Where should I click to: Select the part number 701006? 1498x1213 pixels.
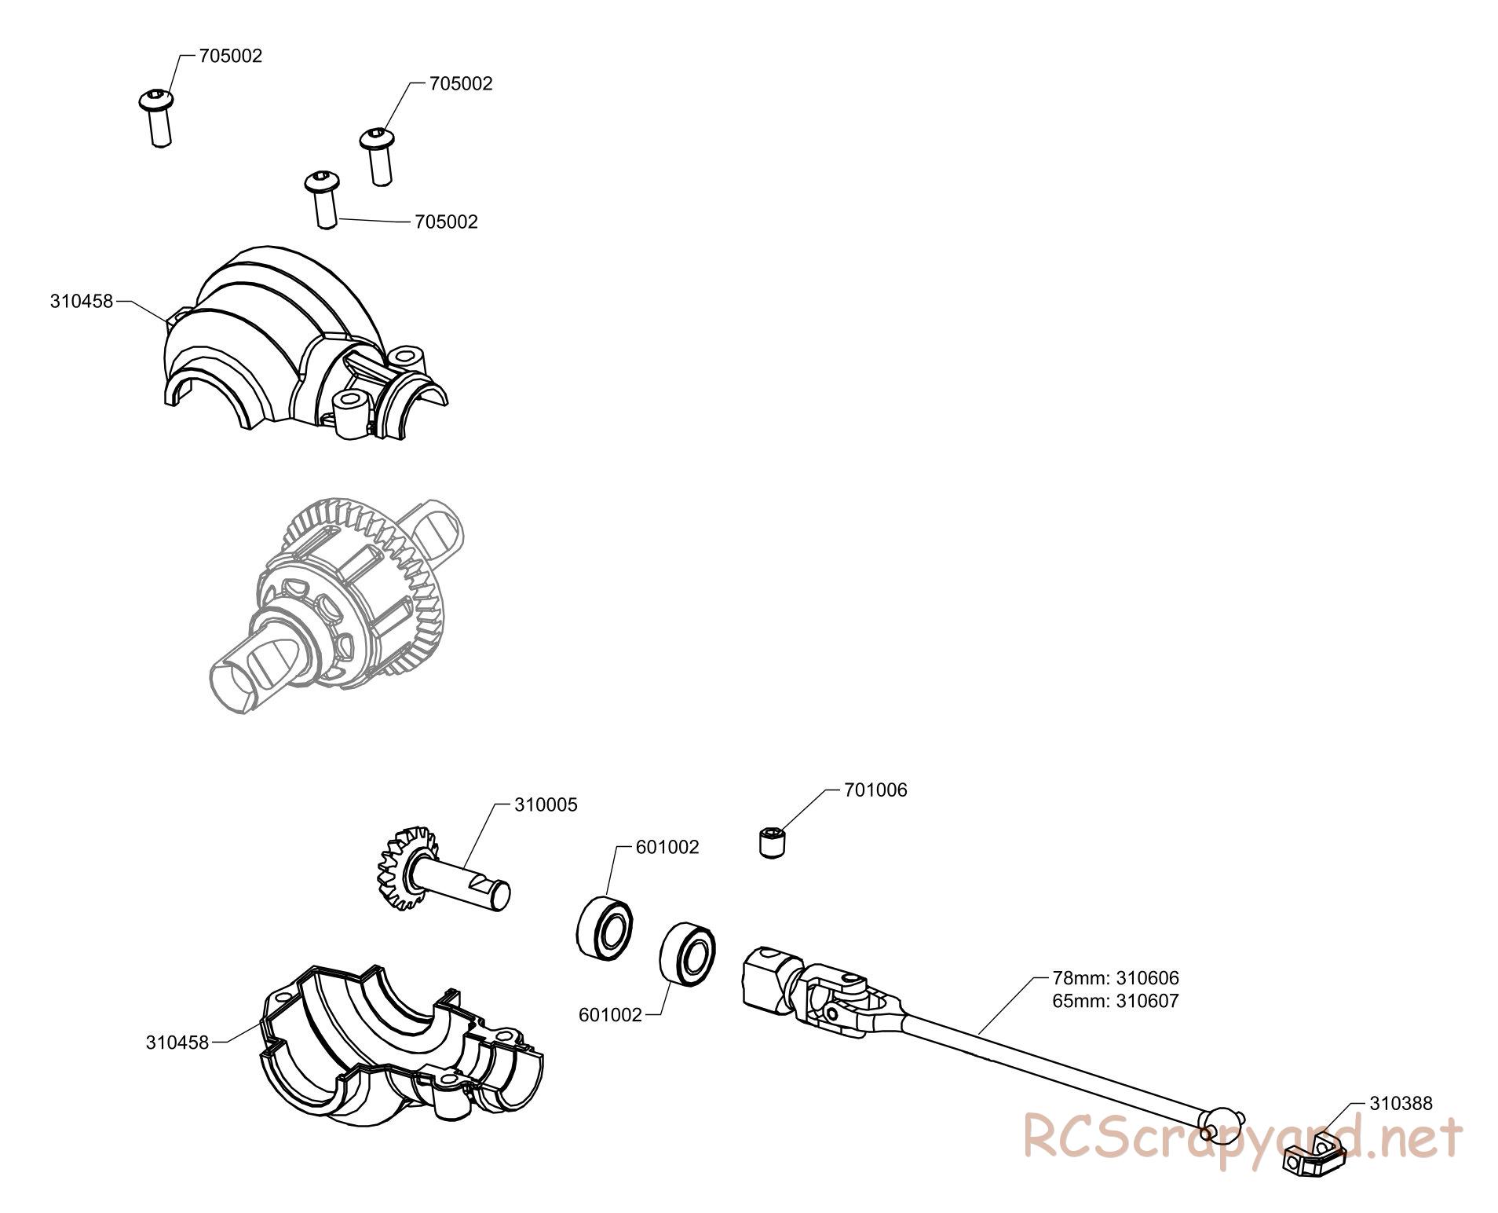point(875,790)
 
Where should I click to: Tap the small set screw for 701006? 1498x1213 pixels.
point(773,843)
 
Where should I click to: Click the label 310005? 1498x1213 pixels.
point(546,804)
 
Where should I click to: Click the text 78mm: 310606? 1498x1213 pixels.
point(1116,979)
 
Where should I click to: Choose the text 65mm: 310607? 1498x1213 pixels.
point(1116,1001)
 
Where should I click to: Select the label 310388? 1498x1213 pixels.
point(1401,1103)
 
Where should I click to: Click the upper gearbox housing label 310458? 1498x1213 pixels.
point(82,301)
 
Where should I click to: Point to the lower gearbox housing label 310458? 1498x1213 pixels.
point(177,1043)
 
